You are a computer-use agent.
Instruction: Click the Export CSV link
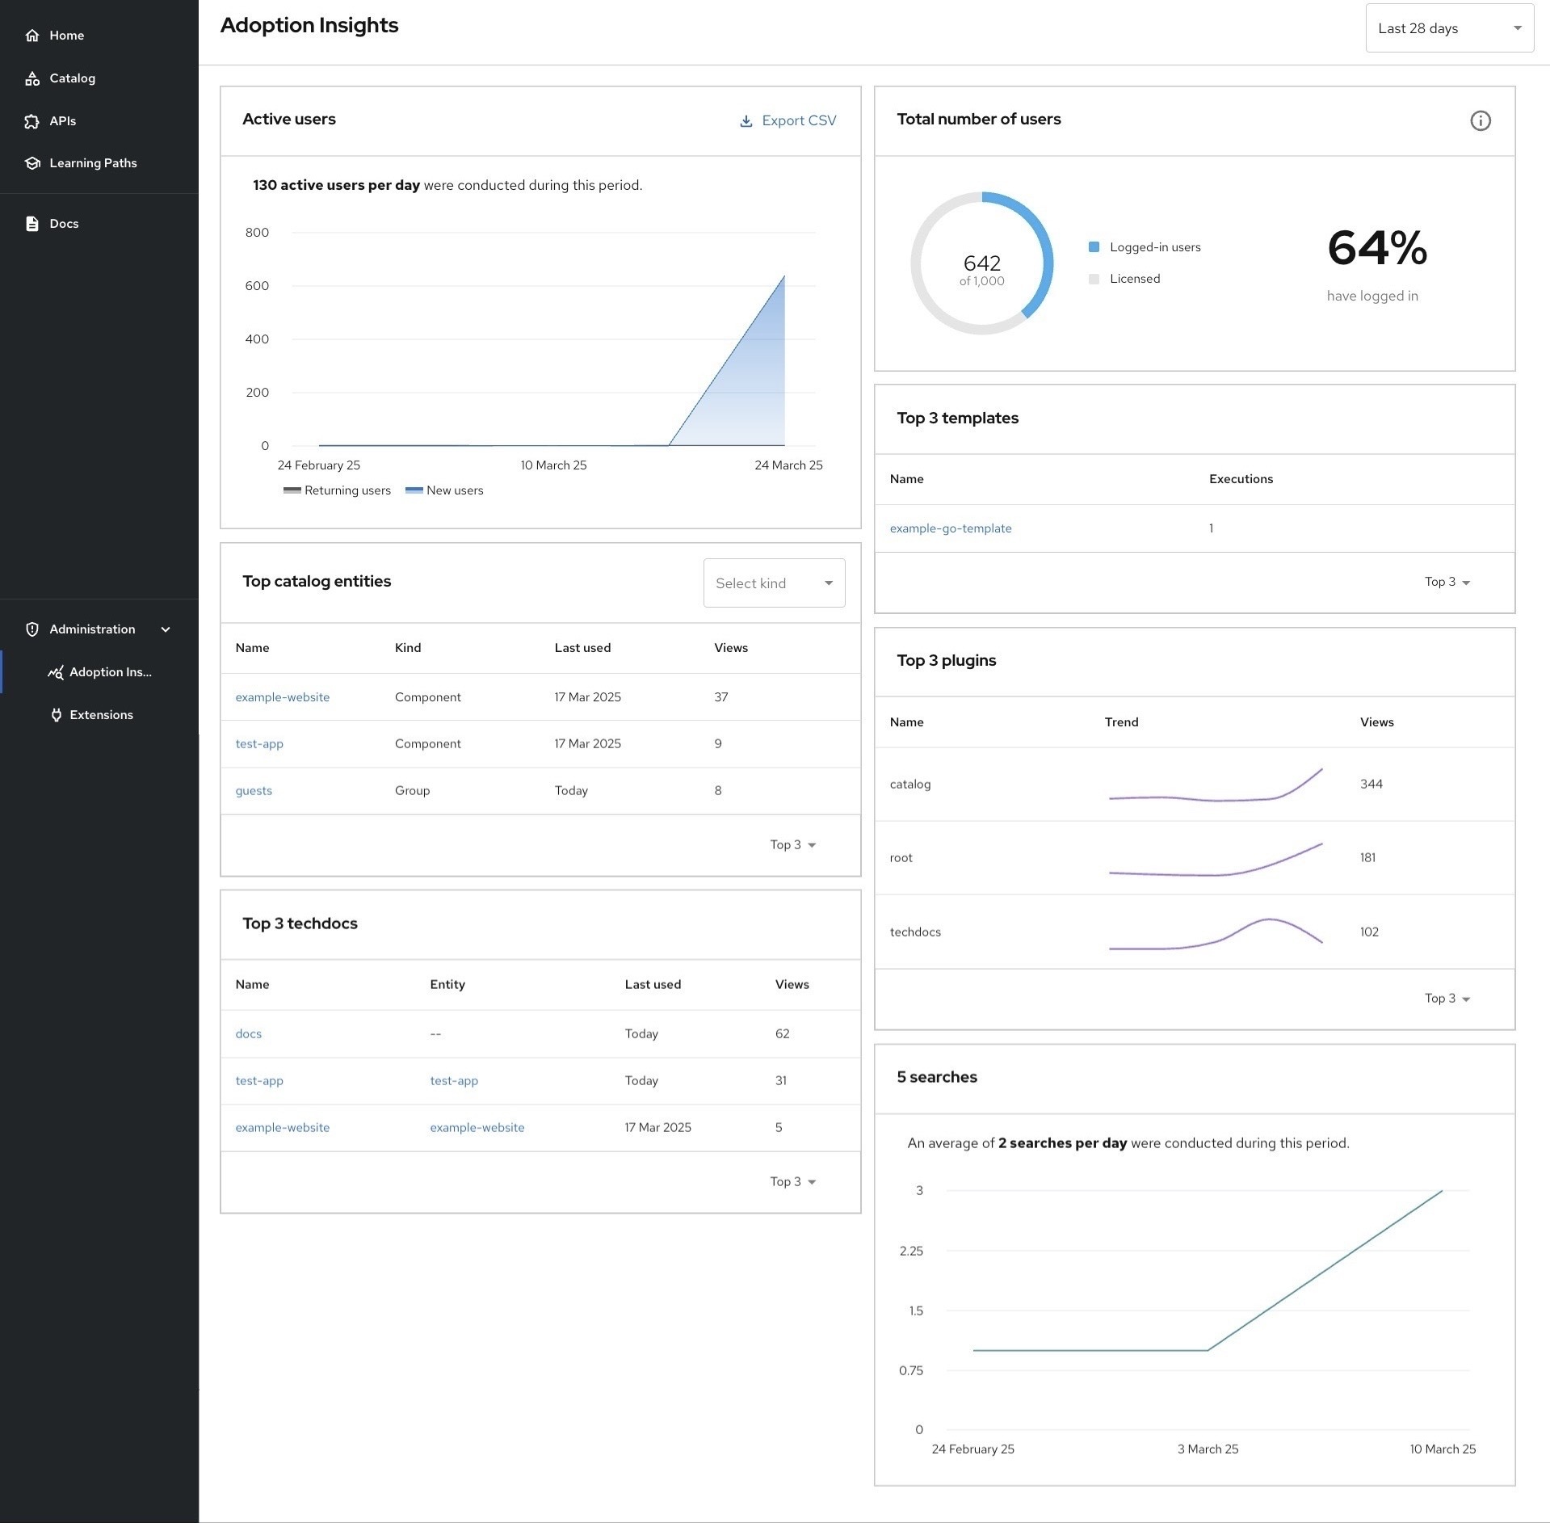[x=788, y=120]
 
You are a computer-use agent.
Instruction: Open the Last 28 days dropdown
[x=1448, y=28]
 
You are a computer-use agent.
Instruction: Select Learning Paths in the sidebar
[x=92, y=163]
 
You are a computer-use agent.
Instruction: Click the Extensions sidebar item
[x=101, y=715]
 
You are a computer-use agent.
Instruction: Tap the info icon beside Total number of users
[x=1480, y=121]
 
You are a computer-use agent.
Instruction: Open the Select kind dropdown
[x=773, y=583]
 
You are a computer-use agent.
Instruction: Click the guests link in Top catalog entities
[x=254, y=791]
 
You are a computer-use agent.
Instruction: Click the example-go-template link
[x=950, y=528]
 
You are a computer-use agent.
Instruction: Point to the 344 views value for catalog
[x=1371, y=785]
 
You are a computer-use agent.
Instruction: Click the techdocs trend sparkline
[x=1215, y=934]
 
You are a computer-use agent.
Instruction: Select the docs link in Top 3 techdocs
[x=248, y=1034]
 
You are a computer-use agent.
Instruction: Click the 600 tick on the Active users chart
[x=257, y=286]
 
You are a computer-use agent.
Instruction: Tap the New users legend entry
[x=445, y=490]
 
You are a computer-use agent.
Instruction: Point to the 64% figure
[x=1376, y=248]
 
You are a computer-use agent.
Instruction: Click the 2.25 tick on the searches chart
[x=910, y=1251]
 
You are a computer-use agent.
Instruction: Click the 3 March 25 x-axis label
[x=1207, y=1449]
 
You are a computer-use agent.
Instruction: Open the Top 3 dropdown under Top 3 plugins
[x=1447, y=999]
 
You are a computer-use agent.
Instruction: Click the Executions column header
[x=1240, y=479]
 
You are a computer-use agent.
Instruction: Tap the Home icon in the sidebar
[x=32, y=36]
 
